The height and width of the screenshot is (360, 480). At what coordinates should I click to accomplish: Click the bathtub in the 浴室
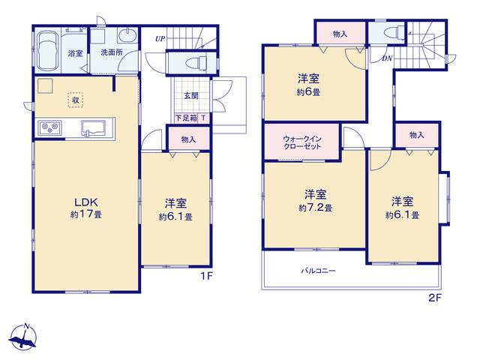click(47, 51)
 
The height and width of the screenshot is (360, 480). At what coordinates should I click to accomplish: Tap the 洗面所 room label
click(112, 52)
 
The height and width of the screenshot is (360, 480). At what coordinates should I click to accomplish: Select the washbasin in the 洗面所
click(127, 36)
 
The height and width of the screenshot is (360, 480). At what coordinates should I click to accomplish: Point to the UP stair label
click(160, 39)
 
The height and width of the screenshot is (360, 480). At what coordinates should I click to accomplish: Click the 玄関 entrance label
click(191, 96)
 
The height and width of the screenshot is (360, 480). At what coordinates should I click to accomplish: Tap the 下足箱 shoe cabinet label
click(186, 118)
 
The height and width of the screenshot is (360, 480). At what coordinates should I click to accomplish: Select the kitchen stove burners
click(49, 127)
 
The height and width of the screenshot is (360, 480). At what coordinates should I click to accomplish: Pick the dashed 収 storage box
click(76, 100)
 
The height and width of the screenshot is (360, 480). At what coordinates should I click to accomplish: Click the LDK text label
click(86, 202)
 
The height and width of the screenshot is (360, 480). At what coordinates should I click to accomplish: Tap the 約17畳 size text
click(86, 214)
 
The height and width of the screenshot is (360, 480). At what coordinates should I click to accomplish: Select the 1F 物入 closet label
click(188, 139)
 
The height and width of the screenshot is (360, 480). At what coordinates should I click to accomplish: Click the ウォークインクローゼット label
click(302, 142)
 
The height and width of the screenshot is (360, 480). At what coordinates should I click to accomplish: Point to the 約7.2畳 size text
click(316, 208)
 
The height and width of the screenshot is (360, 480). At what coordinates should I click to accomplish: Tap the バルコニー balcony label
click(318, 271)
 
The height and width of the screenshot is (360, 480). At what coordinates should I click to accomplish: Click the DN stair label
click(387, 58)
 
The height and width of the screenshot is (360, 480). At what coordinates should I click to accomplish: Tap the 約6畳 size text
click(308, 92)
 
